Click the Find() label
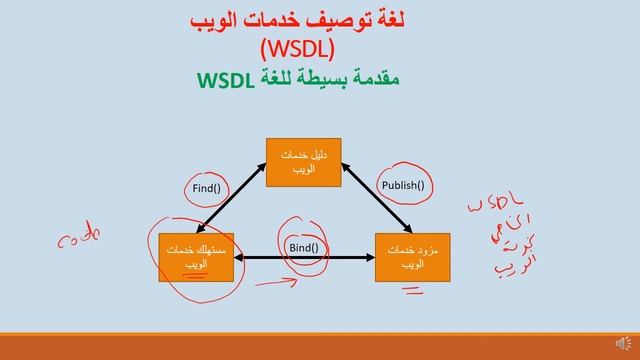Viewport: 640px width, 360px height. [208, 187]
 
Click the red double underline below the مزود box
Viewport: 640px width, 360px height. [412, 291]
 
